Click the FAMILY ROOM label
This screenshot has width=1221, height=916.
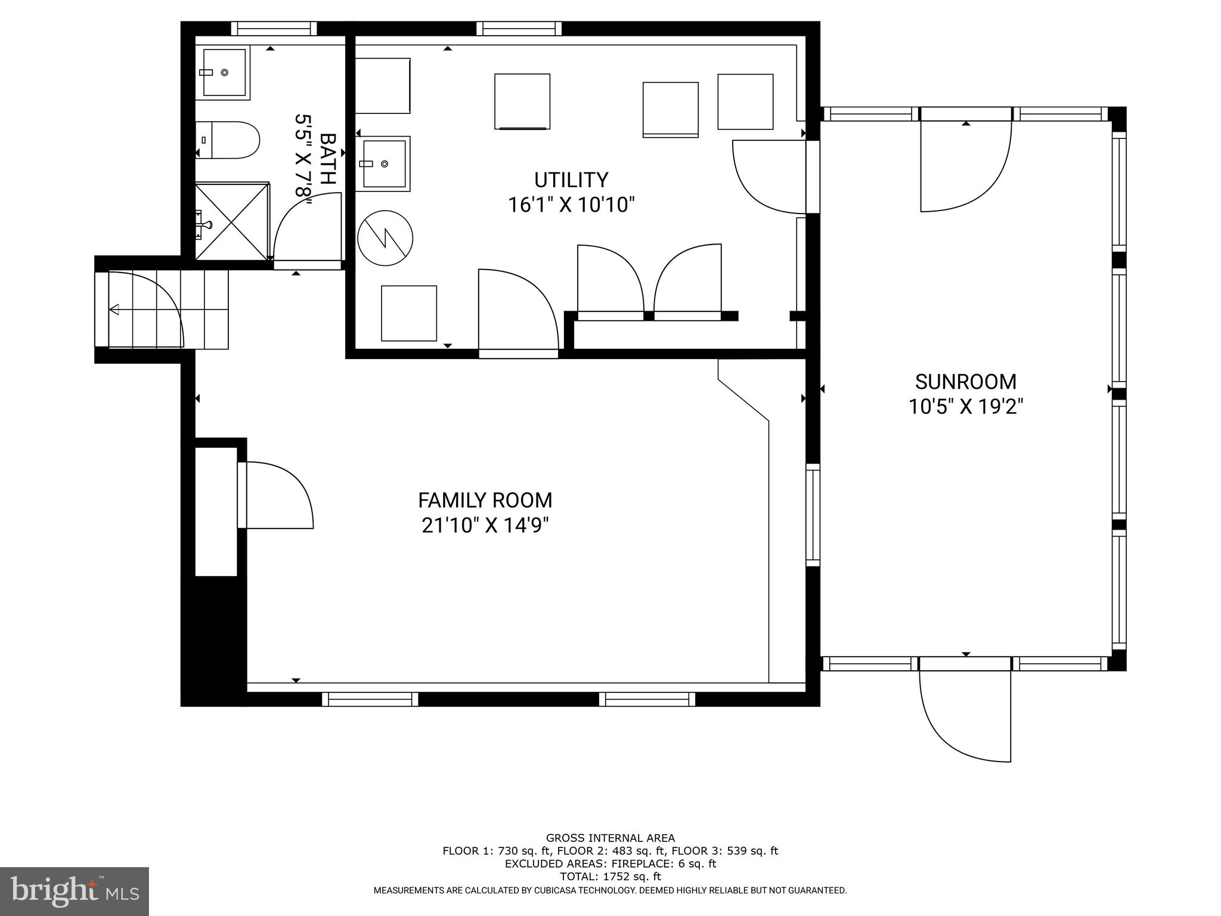485,500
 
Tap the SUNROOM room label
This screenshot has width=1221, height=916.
965,382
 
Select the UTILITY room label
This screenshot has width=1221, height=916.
571,180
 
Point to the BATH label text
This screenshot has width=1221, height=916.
329,159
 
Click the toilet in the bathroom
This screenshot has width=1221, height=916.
229,140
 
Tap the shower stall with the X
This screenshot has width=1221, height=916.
232,221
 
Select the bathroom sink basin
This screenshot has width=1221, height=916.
224,72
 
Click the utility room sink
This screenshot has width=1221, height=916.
384,163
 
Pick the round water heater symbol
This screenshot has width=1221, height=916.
385,239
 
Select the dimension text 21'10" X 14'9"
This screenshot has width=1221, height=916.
485,525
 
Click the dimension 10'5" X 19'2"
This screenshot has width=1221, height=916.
965,407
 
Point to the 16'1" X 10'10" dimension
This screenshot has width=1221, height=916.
571,205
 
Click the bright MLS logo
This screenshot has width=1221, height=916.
74,891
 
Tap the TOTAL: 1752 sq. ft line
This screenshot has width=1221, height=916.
610,877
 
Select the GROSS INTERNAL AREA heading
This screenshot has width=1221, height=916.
610,838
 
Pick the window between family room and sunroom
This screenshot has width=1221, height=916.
813,515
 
